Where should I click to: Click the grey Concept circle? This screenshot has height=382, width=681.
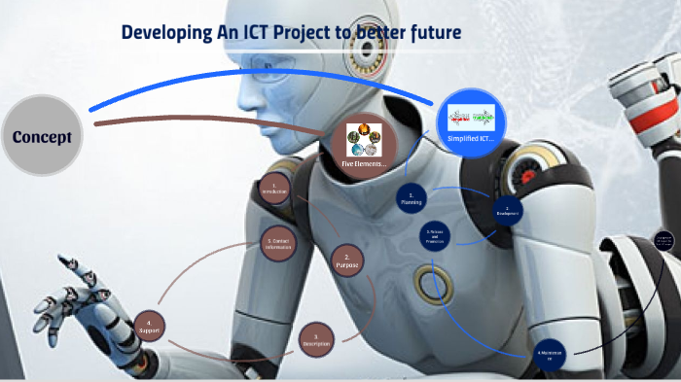coord(41,137)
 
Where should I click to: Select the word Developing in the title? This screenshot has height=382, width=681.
coord(165,34)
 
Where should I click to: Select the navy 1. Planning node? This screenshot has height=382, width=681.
coord(412,198)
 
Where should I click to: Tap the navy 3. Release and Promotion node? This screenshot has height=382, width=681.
coord(435,236)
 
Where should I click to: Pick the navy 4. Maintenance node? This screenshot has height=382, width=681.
coord(549,354)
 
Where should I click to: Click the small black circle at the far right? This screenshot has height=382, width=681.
coord(664,240)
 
